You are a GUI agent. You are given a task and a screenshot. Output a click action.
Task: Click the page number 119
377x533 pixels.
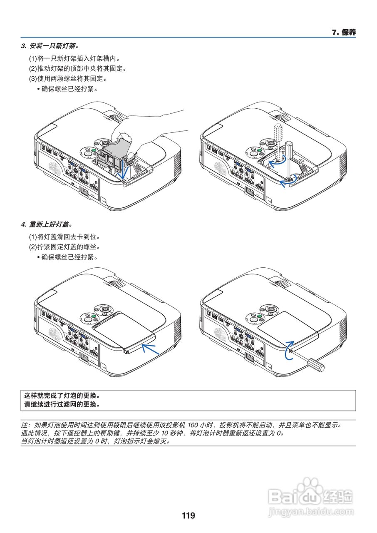click(x=188, y=516)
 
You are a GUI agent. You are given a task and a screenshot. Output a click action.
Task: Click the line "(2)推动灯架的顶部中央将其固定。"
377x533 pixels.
click(x=77, y=68)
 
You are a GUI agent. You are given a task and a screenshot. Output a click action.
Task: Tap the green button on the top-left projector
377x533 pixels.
click(x=94, y=151)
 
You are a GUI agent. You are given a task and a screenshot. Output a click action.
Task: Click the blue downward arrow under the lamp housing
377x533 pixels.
click(x=122, y=173)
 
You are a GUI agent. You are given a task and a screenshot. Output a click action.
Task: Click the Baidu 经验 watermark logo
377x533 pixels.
click(x=311, y=496)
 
